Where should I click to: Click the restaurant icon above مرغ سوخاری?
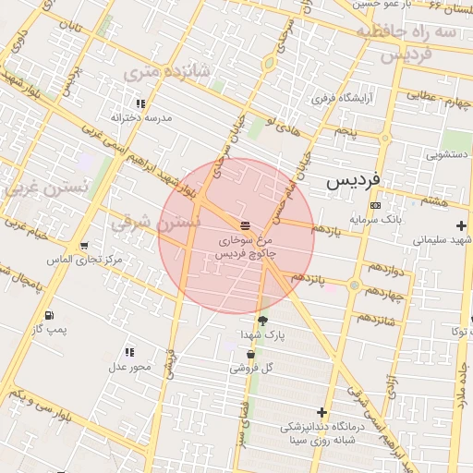245,225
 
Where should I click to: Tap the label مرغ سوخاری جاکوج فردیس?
246,246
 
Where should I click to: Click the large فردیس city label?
359,182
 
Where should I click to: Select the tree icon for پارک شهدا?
263,321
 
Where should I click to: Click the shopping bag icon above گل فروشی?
250,355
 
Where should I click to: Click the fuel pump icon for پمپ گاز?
48,316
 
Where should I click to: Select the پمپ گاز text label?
48,329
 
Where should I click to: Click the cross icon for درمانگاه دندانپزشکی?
321,412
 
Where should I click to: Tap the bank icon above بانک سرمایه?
374,205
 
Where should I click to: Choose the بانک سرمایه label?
373,219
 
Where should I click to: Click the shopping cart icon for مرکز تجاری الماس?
85,246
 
